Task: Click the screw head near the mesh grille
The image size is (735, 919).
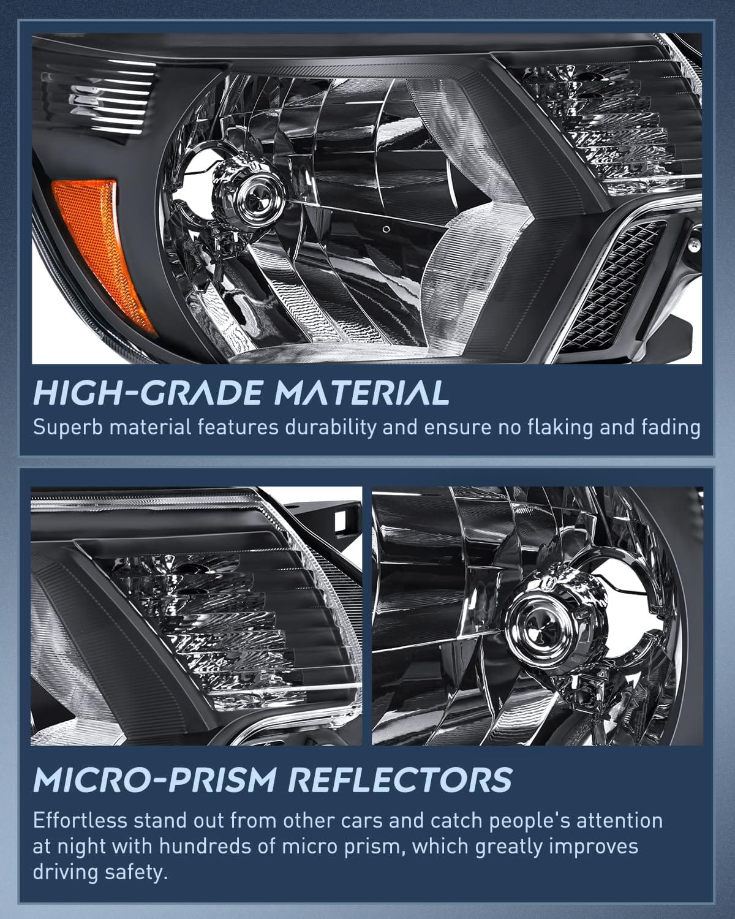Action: [695, 244]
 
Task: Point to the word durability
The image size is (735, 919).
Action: [331, 428]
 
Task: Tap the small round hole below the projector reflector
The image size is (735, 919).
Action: [387, 229]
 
